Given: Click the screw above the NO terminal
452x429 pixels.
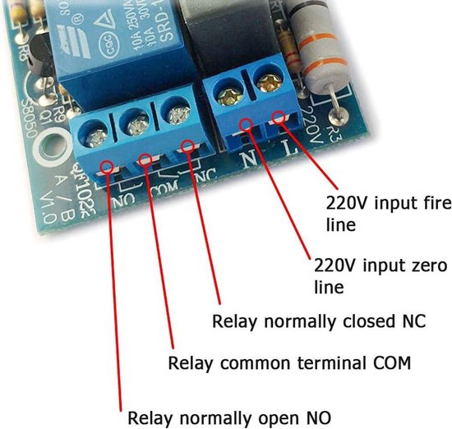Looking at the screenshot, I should point(96,128).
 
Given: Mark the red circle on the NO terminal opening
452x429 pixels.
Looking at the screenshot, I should point(108,168).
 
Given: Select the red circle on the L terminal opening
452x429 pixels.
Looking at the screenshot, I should point(281,118).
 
